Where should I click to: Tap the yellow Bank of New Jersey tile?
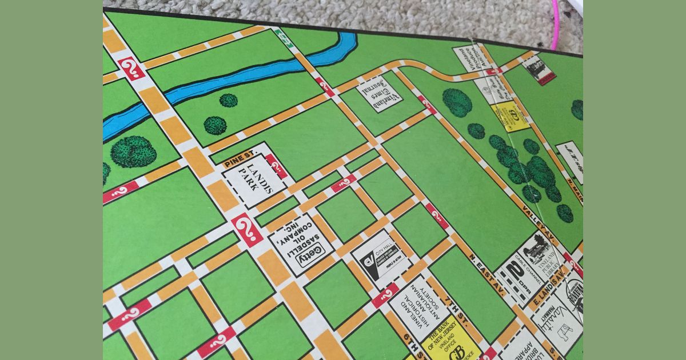point(450,342)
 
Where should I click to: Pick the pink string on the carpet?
point(554,26)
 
